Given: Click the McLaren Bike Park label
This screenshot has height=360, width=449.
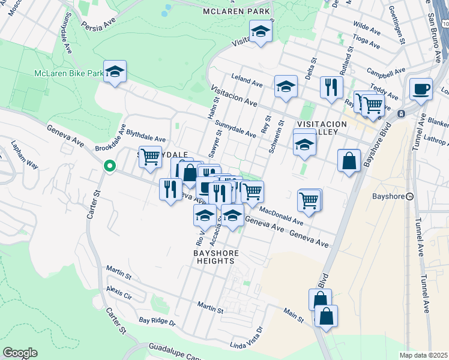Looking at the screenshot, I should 69,73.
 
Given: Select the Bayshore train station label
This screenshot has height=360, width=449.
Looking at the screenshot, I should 424,197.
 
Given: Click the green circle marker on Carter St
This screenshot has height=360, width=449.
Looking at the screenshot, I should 109,166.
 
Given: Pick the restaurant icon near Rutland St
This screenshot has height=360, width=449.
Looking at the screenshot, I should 331,87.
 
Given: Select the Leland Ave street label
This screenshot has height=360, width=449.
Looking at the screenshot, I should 248,83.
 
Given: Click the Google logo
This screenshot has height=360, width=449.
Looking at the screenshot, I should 20,353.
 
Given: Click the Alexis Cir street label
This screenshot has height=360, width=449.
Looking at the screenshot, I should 119,292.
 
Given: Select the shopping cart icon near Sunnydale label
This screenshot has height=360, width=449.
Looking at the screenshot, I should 150,157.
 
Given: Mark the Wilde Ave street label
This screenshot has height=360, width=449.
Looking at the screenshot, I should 367,28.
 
